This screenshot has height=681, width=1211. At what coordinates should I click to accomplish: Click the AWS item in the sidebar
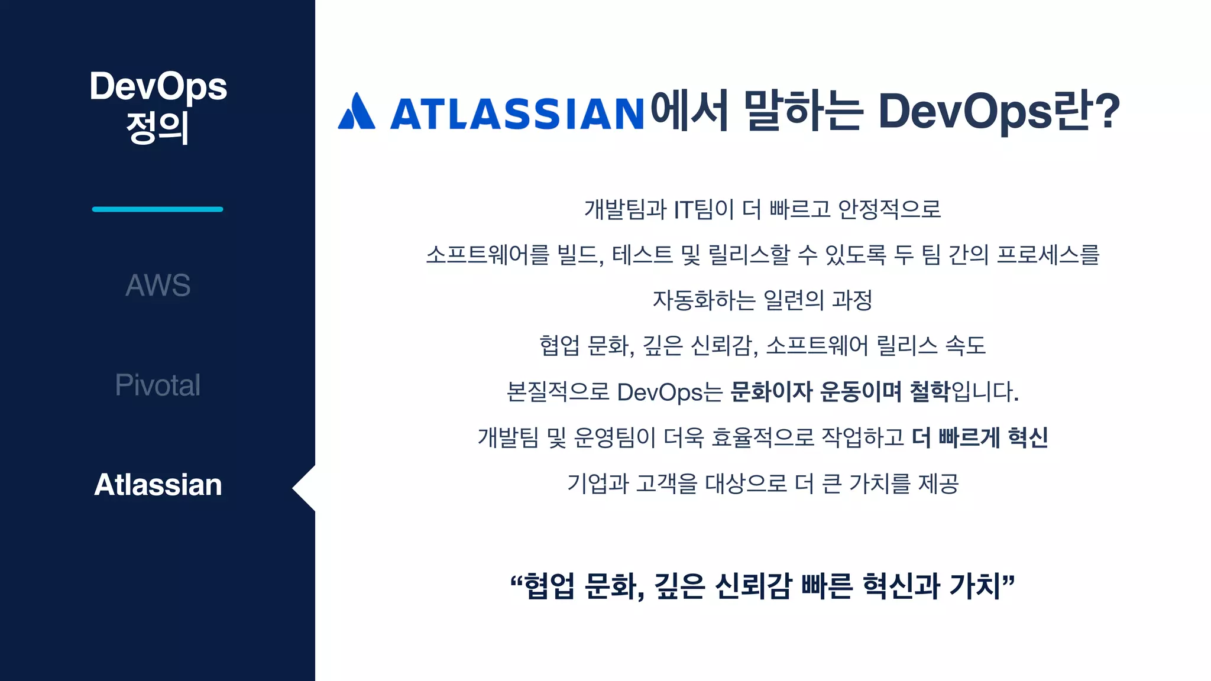click(158, 285)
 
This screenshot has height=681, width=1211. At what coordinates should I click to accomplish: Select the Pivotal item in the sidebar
click(158, 385)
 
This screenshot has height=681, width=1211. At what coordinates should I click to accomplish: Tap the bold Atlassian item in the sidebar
click(158, 485)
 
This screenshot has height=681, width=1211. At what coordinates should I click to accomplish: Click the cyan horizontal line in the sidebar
click(157, 209)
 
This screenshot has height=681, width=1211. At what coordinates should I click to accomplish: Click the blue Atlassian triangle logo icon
click(356, 111)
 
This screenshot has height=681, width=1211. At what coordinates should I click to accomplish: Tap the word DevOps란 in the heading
click(985, 111)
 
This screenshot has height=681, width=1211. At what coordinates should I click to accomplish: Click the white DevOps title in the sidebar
click(158, 86)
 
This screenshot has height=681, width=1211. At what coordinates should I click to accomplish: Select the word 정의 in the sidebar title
click(158, 127)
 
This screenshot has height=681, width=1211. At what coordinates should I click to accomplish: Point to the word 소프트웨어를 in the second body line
click(488, 255)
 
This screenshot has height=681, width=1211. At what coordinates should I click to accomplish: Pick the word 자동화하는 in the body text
click(704, 300)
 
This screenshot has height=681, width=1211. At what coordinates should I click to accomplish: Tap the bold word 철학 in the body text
click(930, 391)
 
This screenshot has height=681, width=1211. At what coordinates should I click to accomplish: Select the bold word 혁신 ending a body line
click(1028, 437)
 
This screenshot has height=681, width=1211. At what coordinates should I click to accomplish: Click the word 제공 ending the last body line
click(938, 483)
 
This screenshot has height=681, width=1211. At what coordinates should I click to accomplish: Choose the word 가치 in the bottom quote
click(974, 586)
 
